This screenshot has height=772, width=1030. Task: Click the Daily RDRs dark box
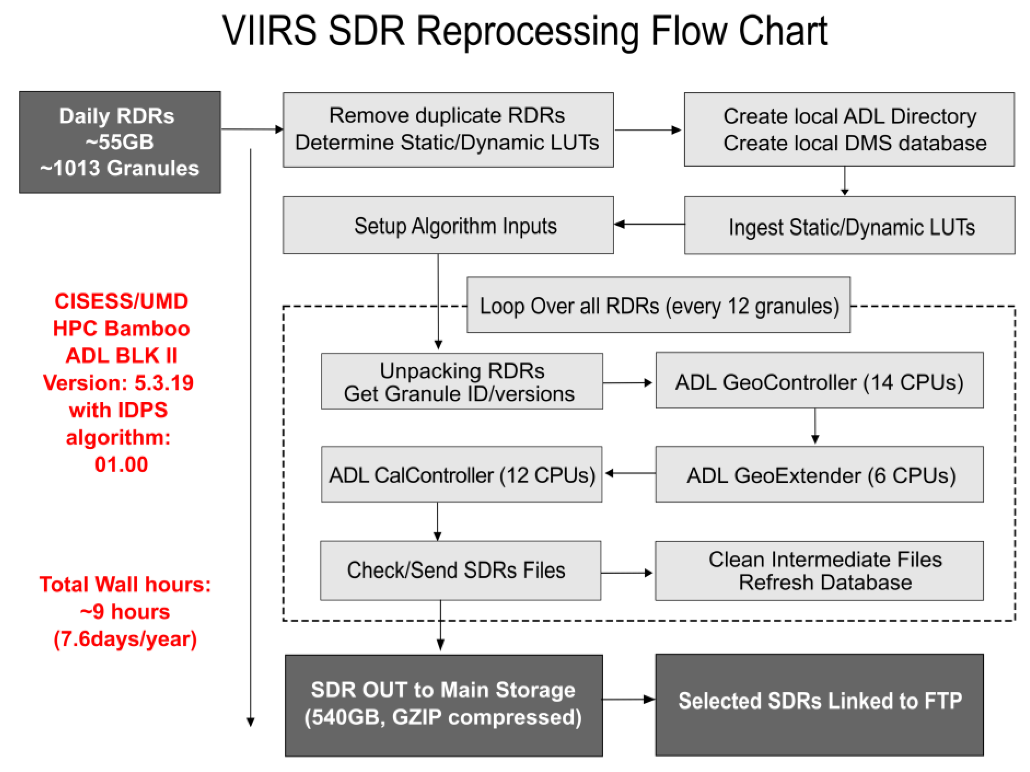[x=120, y=142]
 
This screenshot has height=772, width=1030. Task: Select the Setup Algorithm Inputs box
[x=448, y=225]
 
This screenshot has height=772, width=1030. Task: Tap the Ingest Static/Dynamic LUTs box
[x=849, y=226]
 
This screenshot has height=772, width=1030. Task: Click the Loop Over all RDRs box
[x=658, y=306]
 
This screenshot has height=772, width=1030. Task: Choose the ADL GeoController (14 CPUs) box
[x=819, y=381]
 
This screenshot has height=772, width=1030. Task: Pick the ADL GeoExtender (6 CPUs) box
[x=819, y=475]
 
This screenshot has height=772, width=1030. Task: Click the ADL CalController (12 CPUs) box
[x=461, y=475]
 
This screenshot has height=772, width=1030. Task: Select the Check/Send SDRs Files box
[x=460, y=570]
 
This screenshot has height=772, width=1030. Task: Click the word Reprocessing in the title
[x=528, y=32]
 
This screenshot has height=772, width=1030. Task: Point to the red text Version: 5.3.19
[x=118, y=383]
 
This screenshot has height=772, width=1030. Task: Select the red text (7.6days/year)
[x=125, y=639]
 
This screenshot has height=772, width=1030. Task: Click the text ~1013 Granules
[x=120, y=168]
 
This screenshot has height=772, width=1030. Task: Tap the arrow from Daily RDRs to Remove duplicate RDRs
[x=251, y=129]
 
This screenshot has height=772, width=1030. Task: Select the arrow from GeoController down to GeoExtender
[x=815, y=426]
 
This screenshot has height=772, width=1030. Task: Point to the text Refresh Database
[x=825, y=583]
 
